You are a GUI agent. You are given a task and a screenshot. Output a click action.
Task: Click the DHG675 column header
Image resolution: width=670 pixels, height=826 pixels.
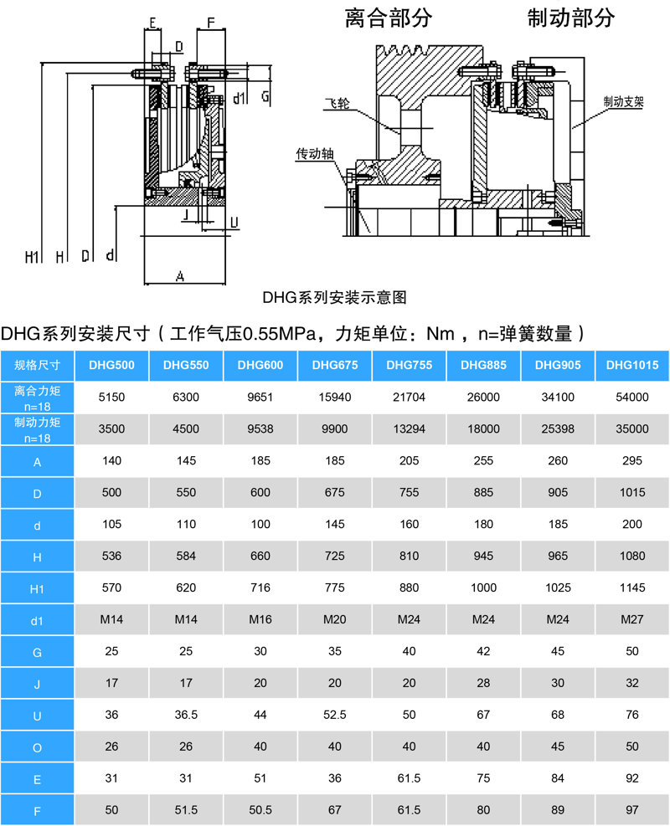click(x=335, y=365)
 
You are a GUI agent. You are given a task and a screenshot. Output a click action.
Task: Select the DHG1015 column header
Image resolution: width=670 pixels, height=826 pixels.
click(x=632, y=365)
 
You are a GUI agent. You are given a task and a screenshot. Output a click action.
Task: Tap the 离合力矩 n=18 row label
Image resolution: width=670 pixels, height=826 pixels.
click(x=37, y=398)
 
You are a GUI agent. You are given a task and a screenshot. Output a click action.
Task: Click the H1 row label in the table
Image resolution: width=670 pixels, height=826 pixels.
click(x=37, y=589)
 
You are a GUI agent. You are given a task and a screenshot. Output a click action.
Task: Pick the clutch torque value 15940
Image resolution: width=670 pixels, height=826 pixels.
click(x=335, y=398)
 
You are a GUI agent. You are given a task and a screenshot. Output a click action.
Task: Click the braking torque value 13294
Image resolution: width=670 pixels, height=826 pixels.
click(x=409, y=428)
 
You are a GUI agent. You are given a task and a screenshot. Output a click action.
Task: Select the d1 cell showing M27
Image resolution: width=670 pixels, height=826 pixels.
click(x=632, y=619)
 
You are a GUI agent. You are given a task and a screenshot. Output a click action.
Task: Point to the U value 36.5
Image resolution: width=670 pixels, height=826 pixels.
click(x=186, y=715)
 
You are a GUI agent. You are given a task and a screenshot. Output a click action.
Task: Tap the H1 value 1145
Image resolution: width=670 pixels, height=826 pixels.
click(x=632, y=587)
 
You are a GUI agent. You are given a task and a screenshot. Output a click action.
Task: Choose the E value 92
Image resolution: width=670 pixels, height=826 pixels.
click(x=632, y=778)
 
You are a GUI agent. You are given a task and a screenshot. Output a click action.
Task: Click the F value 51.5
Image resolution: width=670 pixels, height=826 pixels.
click(x=186, y=810)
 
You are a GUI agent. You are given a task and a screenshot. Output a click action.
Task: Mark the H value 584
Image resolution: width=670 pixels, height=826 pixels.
click(x=186, y=556)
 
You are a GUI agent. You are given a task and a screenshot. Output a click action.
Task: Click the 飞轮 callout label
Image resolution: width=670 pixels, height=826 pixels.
click(x=337, y=103)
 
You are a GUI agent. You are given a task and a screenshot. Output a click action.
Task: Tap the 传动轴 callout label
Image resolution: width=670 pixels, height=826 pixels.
click(x=315, y=154)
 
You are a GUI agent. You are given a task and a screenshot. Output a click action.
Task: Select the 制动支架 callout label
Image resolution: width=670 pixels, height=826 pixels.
click(x=624, y=101)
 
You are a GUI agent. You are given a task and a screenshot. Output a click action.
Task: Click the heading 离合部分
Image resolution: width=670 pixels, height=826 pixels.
click(x=389, y=18)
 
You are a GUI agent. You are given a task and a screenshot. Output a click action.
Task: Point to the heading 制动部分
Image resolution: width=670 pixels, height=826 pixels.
click(x=571, y=18)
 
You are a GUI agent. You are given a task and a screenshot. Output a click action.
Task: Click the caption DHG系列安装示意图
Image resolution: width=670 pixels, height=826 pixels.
click(x=335, y=298)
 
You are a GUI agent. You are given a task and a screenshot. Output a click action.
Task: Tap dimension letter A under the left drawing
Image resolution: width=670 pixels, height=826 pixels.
click(x=180, y=276)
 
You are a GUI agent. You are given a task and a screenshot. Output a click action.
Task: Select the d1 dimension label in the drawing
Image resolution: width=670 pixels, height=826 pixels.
click(x=240, y=98)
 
